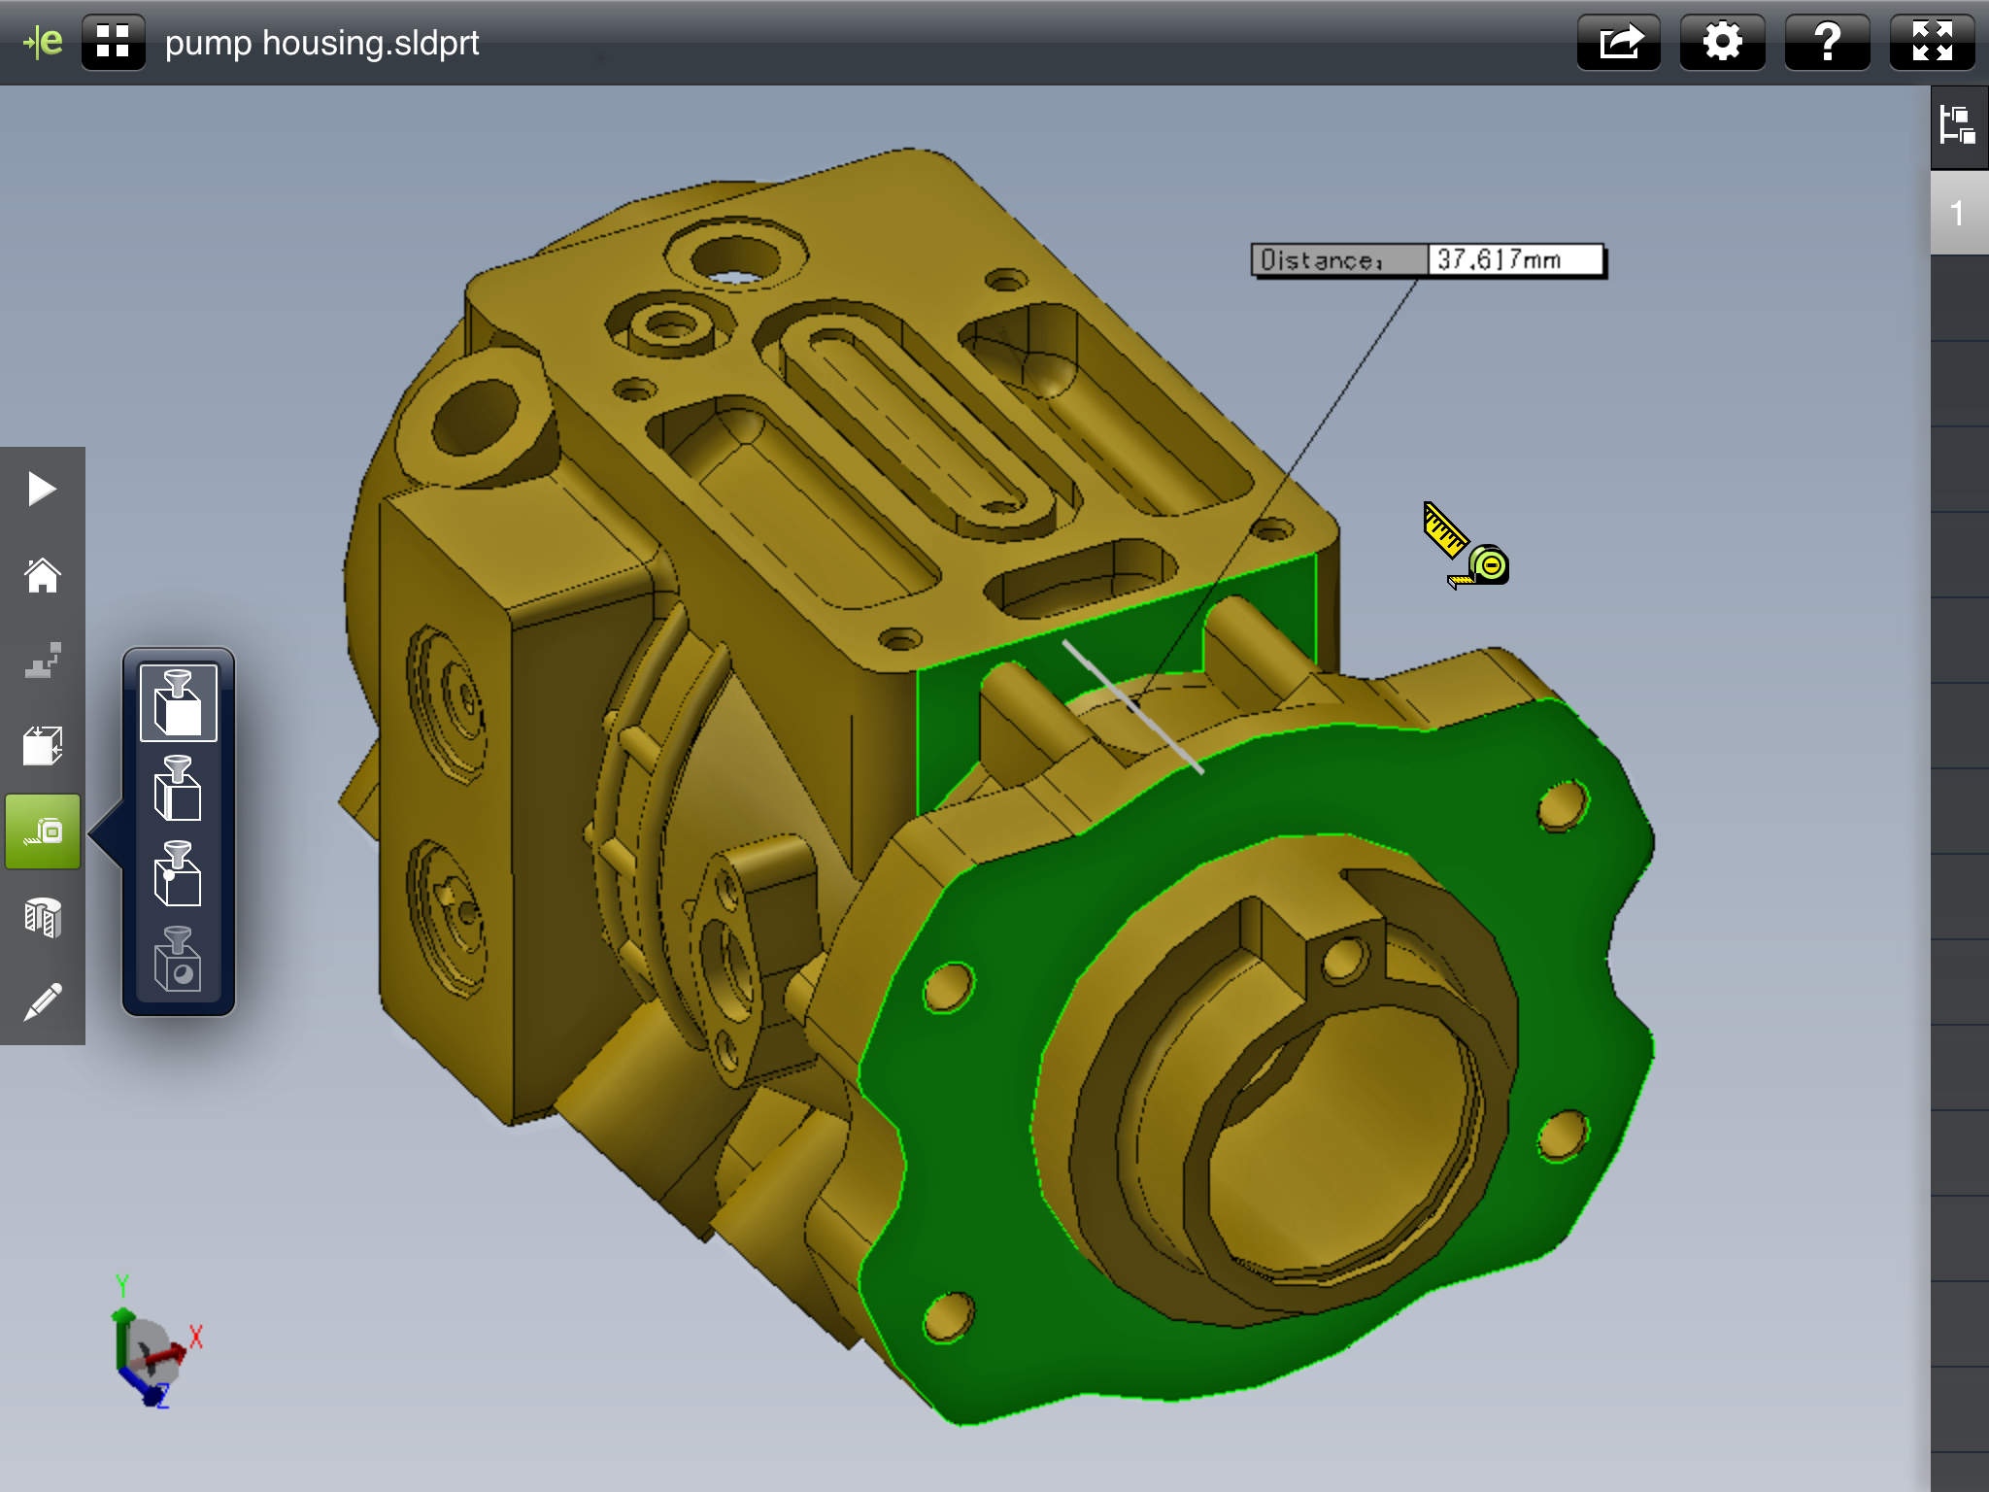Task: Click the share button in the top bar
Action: coord(1618,43)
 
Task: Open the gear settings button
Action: coord(1722,43)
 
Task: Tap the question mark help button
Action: coord(1827,43)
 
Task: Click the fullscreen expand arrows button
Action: coord(1932,43)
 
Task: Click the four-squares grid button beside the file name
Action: coord(114,43)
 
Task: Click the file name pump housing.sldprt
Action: coord(321,43)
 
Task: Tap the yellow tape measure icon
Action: coord(1465,546)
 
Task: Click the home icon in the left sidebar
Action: coord(43,575)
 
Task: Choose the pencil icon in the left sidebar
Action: coord(43,1001)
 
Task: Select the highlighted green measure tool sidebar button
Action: coord(43,831)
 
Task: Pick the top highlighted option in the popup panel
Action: coord(178,702)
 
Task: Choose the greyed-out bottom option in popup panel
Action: coord(178,960)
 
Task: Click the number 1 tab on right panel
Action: coord(1958,213)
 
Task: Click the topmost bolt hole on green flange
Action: coord(1562,804)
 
